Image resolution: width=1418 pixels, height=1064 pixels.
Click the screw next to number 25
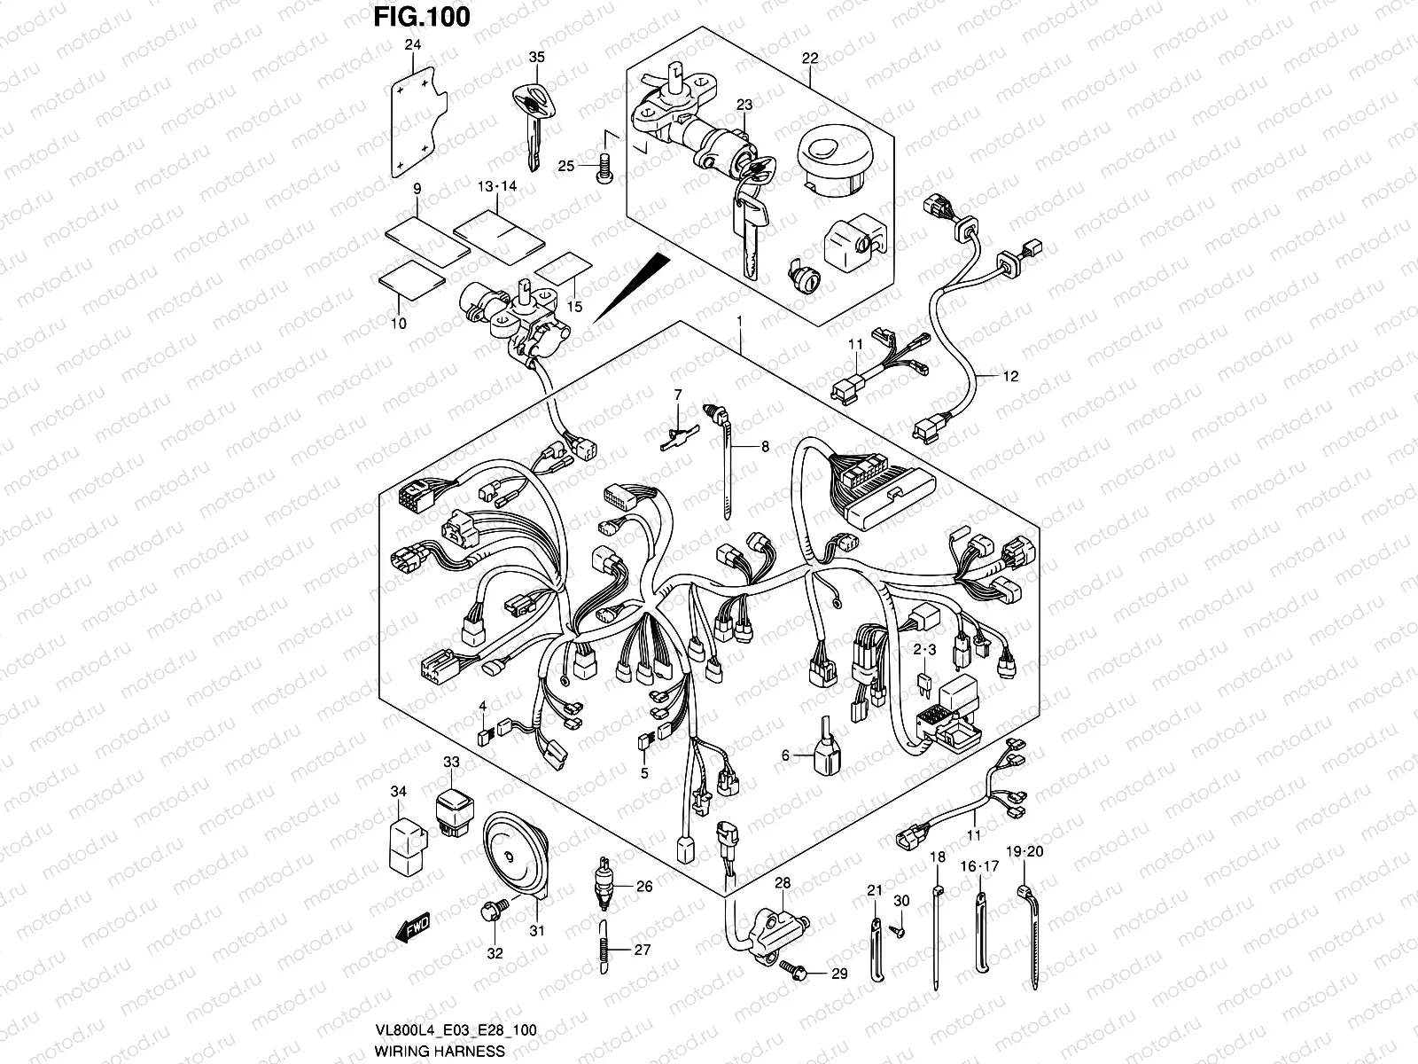click(606, 167)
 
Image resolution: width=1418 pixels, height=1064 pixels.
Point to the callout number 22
click(809, 59)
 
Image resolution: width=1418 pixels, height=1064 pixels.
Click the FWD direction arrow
click(412, 930)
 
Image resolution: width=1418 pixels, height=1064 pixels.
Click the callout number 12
click(1010, 377)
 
